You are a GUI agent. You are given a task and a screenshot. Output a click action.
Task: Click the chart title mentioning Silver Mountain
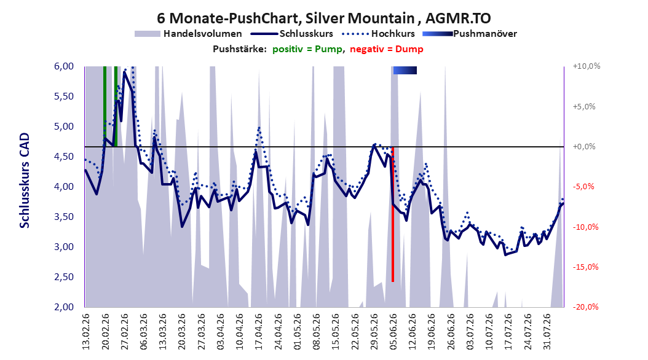pyautogui.click(x=323, y=18)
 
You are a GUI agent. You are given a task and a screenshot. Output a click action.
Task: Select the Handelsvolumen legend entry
pyautogui.click(x=189, y=34)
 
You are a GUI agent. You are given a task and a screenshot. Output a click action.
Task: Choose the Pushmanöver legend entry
pyautogui.click(x=470, y=34)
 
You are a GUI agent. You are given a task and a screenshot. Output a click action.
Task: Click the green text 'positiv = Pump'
pyautogui.click(x=307, y=49)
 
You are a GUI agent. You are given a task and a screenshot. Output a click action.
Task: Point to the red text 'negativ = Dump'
pyautogui.click(x=387, y=49)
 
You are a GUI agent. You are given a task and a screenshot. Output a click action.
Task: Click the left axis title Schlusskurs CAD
pyautogui.click(x=25, y=181)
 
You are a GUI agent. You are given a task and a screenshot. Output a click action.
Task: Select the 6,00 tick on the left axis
pyautogui.click(x=64, y=66)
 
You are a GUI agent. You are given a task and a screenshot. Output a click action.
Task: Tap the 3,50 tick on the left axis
pyautogui.click(x=64, y=217)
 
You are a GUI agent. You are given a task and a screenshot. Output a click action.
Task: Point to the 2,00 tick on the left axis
pyautogui.click(x=64, y=307)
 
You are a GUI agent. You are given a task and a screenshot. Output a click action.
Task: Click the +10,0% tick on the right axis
pyautogui.click(x=587, y=66)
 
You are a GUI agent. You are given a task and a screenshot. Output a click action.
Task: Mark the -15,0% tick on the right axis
pyautogui.click(x=585, y=267)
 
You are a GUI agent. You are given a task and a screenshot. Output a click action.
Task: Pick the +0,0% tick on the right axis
pyautogui.click(x=584, y=147)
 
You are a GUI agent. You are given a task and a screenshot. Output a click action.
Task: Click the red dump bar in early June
pyautogui.click(x=393, y=214)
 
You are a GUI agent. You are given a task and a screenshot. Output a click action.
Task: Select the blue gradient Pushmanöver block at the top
pyautogui.click(x=405, y=71)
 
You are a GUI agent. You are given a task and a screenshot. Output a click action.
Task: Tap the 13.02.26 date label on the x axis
pyautogui.click(x=85, y=332)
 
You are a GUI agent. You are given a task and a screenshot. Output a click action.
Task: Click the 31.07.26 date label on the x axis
pyautogui.click(x=547, y=332)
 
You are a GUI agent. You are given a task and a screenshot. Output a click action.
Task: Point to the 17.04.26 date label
pyautogui.click(x=258, y=332)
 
